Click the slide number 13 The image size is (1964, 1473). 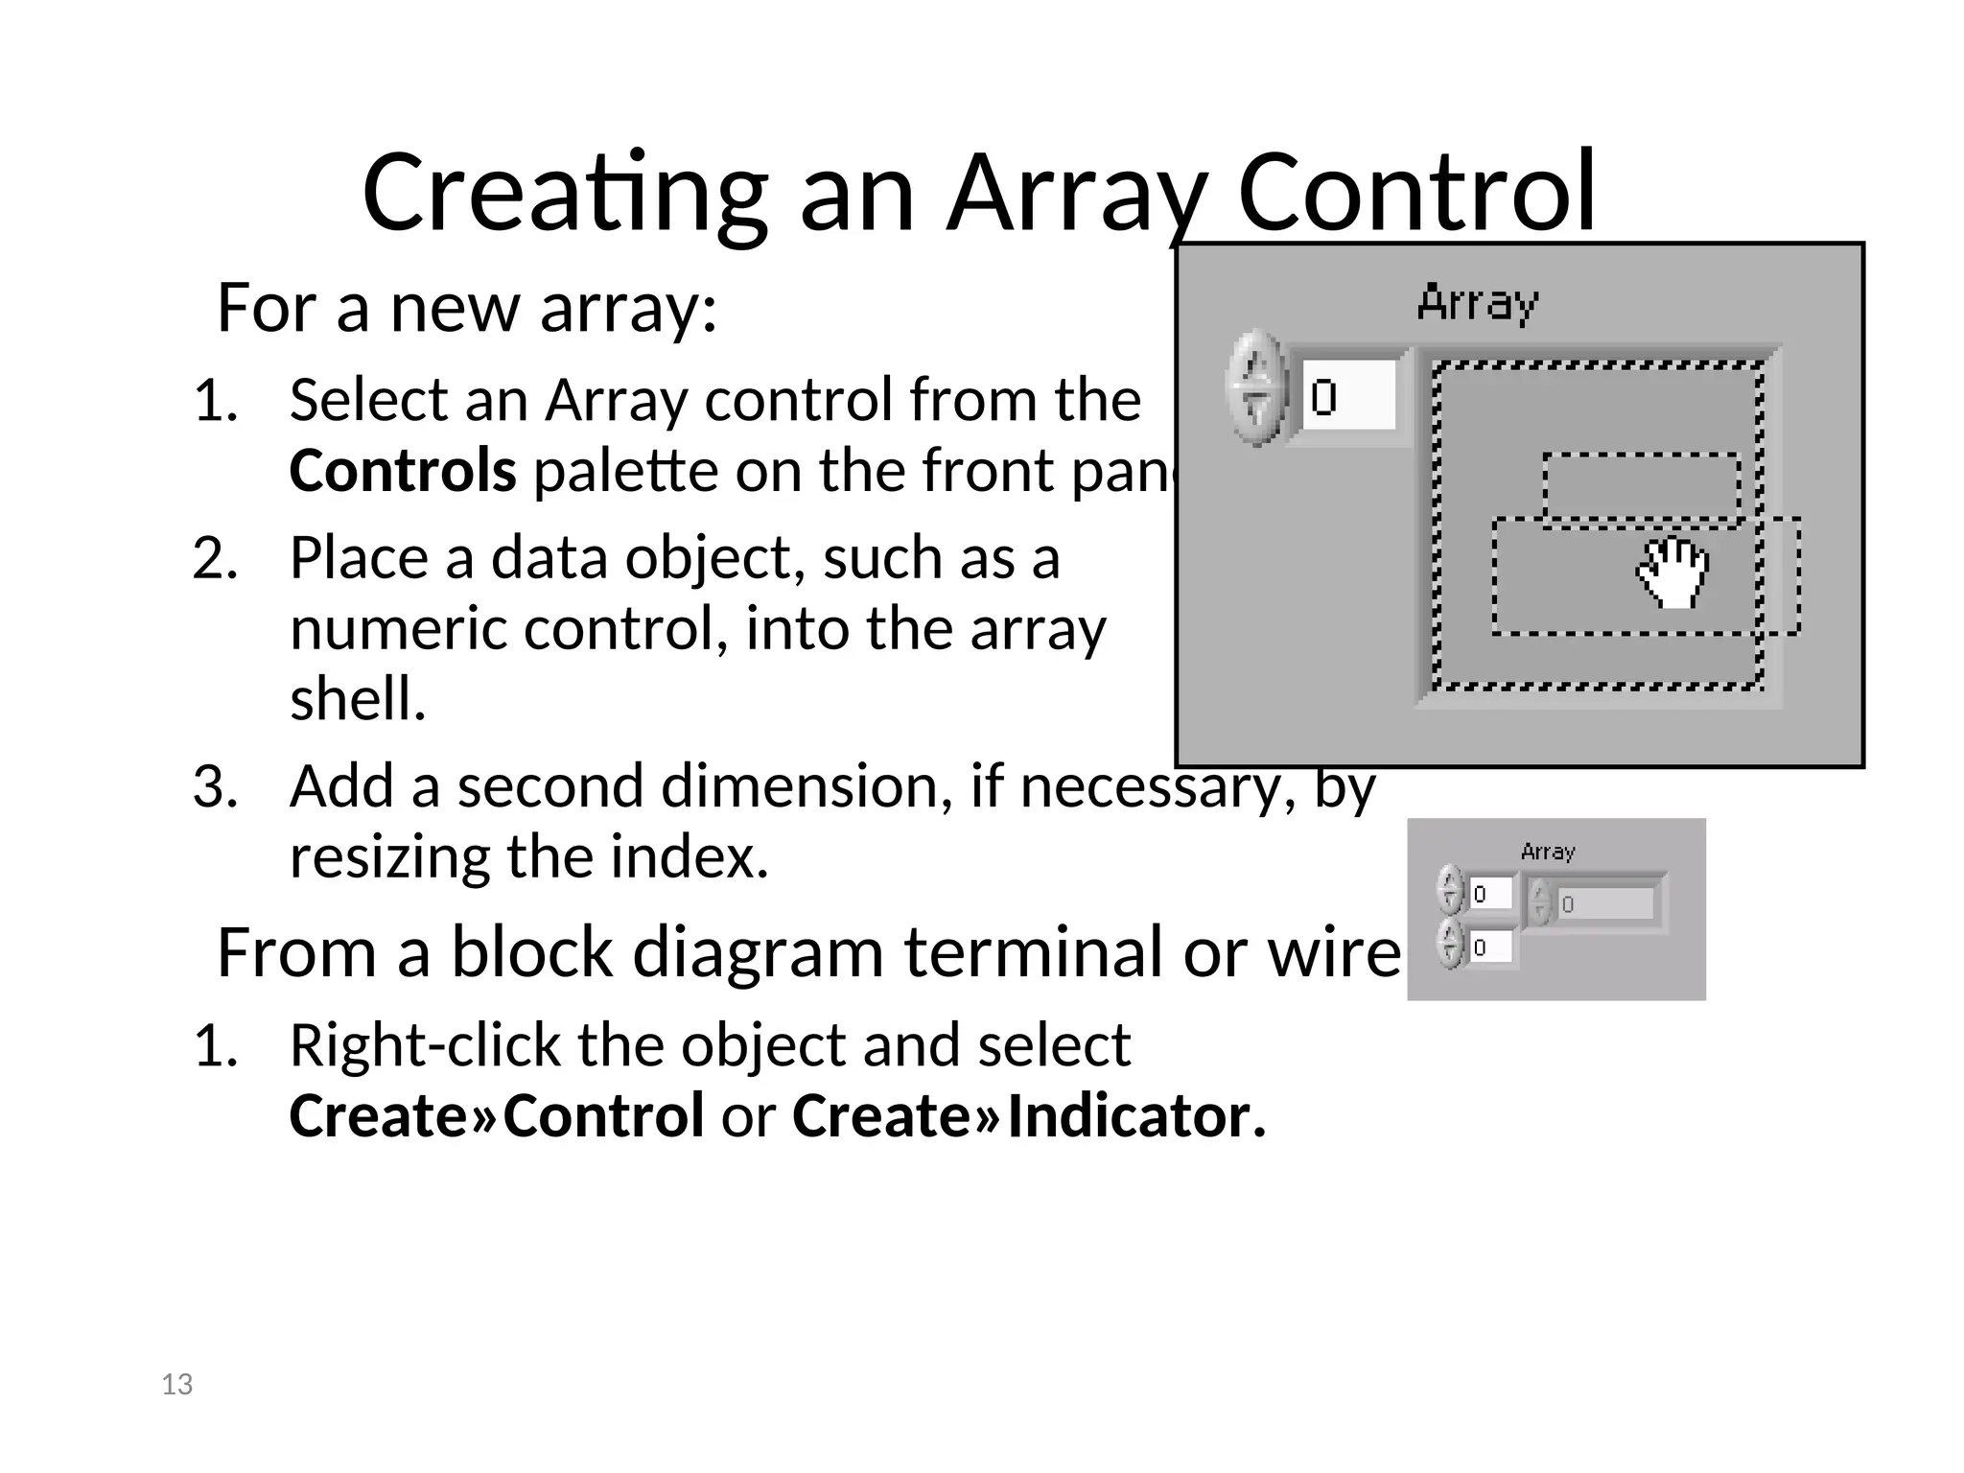[x=177, y=1384]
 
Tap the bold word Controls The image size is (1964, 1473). [x=403, y=471]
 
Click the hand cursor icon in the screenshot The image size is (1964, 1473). [x=1673, y=573]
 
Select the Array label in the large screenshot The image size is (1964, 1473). [x=1477, y=303]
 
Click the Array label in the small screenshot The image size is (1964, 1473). [x=1548, y=852]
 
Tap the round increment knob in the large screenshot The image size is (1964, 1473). [x=1255, y=388]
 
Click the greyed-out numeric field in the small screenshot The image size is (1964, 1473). [x=1606, y=903]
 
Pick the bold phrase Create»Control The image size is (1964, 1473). [x=497, y=1116]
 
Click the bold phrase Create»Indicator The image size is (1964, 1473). [x=1029, y=1116]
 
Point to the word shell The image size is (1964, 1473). [x=358, y=698]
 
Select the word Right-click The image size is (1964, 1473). [x=424, y=1045]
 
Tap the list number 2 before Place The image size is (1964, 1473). [x=215, y=559]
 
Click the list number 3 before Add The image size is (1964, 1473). [x=215, y=787]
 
